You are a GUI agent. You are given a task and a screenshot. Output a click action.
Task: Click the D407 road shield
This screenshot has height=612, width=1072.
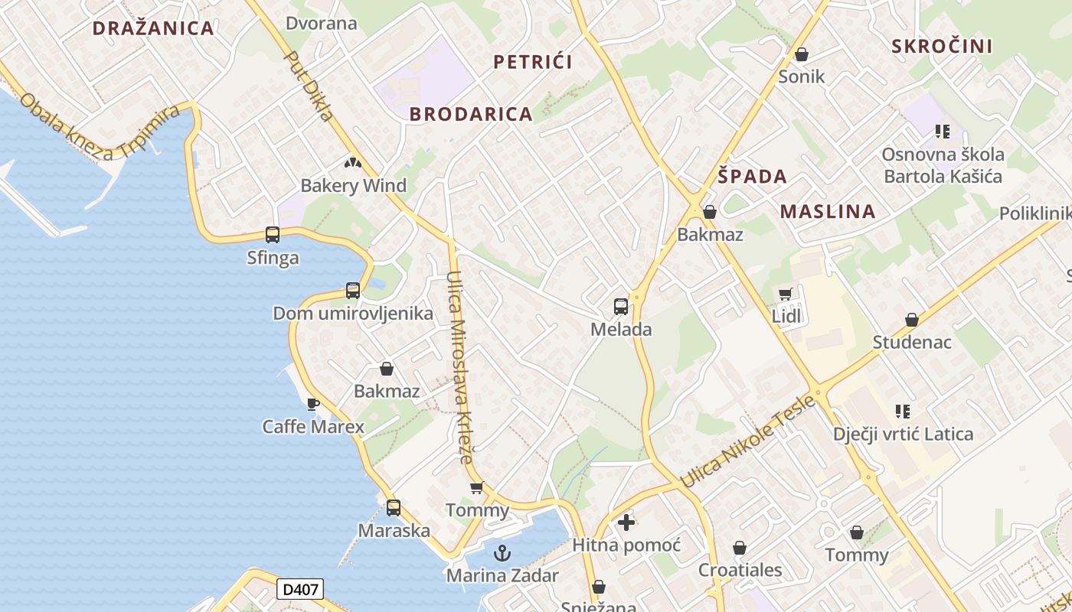point(299,589)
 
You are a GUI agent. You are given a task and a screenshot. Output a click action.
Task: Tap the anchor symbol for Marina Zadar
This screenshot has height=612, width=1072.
point(502,552)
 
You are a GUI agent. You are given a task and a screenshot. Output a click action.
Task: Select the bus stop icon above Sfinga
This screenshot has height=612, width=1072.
point(273,235)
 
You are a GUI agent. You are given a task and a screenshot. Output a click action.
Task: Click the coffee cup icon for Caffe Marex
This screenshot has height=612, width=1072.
point(312,403)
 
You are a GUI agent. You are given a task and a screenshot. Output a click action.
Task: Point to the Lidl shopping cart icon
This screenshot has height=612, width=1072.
point(786,295)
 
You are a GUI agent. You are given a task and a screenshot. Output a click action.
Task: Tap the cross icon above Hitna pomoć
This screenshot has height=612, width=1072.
point(626,522)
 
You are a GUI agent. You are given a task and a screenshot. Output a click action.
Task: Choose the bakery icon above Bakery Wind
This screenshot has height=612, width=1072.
point(352,162)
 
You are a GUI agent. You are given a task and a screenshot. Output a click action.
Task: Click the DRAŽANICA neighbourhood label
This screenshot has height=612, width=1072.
point(153,28)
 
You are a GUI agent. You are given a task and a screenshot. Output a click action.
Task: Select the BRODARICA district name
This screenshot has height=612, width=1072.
point(470,114)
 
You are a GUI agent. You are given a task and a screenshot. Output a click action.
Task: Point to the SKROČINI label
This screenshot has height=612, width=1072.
point(942,46)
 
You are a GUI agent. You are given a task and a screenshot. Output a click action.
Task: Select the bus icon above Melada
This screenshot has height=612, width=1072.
point(621,307)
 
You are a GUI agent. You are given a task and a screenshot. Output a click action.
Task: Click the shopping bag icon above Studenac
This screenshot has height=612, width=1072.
point(911,319)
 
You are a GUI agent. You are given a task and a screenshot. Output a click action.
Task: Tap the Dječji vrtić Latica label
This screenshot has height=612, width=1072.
point(904,435)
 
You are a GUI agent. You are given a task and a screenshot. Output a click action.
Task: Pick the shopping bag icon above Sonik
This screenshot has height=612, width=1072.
point(802,54)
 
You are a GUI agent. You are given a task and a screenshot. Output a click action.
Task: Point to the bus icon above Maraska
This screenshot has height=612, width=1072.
point(394,507)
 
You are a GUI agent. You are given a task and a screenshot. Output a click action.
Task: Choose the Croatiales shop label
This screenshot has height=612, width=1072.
point(740,570)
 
